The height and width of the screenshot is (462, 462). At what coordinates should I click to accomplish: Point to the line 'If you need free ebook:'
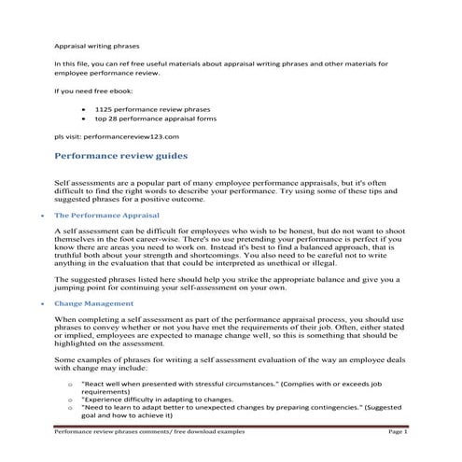click(92, 91)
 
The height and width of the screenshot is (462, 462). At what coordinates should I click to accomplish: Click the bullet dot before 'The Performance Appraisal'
click(35, 216)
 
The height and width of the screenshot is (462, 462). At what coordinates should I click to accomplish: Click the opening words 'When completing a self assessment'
click(113, 320)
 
